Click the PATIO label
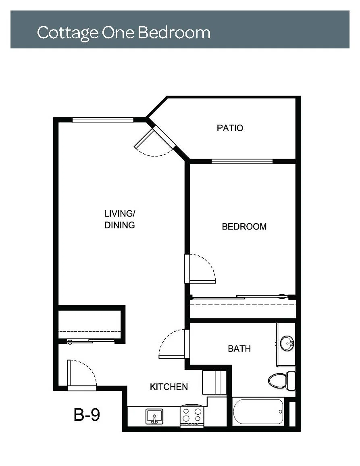click(x=230, y=128)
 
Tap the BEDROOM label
click(x=244, y=227)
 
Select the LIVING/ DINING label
click(x=120, y=219)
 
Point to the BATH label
click(x=239, y=349)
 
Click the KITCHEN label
click(x=169, y=387)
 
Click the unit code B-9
click(x=87, y=414)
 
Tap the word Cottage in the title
click(x=67, y=33)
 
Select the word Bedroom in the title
click(x=174, y=32)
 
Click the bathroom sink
click(x=287, y=344)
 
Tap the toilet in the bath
click(x=281, y=380)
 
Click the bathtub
click(x=258, y=412)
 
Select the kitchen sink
click(x=154, y=416)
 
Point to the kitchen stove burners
click(x=192, y=415)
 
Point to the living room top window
click(x=103, y=120)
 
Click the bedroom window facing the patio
click(x=242, y=162)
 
